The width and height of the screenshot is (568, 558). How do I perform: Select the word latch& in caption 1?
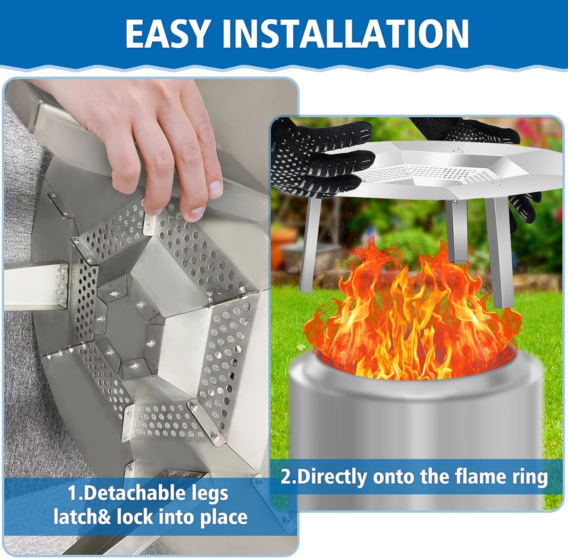pos(82,517)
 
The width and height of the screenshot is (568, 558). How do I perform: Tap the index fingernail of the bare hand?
pos(197,214)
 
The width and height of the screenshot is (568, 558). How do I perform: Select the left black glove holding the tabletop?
pos(318,159)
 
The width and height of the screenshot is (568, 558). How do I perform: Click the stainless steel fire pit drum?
pos(413,416)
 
